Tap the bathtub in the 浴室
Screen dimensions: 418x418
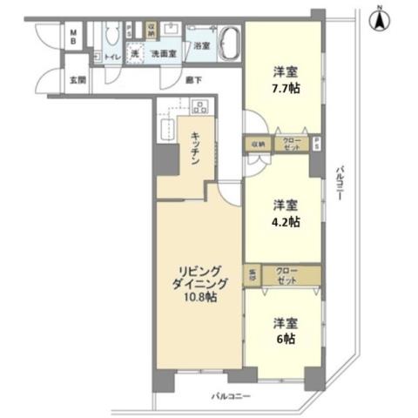[229, 43]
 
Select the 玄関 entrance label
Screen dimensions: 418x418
[77, 80]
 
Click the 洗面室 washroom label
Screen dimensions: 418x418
[163, 55]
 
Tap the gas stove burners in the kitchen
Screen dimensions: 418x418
[199, 108]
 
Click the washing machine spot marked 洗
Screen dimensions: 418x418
[135, 54]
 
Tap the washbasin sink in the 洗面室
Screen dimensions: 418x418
[170, 36]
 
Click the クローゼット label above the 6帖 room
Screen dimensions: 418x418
[287, 276]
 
